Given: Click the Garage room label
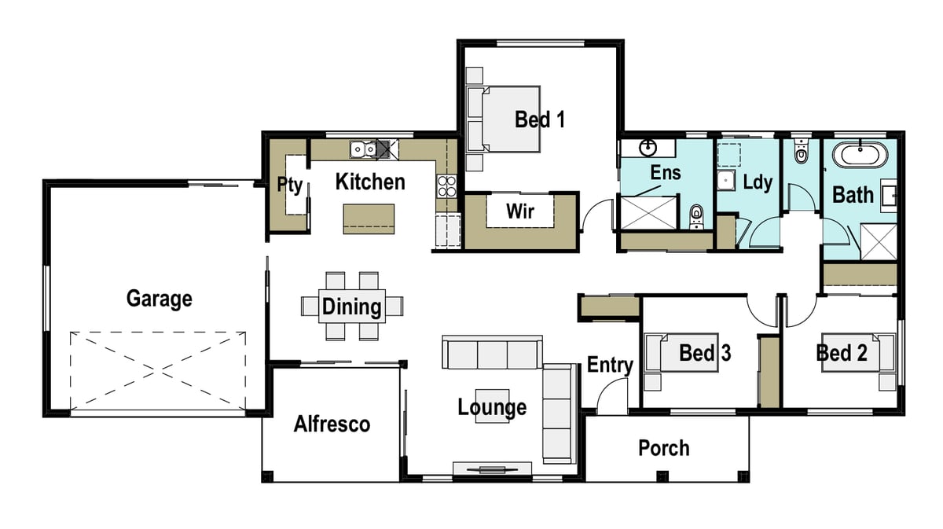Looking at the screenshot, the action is coord(159,299).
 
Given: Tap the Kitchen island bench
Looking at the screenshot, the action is coord(369,219).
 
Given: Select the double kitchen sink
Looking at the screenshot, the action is coord(363,149).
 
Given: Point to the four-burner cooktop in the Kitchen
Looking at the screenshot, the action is coord(446,186).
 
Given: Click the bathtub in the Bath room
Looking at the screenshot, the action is coord(860,155).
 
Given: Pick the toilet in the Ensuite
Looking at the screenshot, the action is coord(697,217).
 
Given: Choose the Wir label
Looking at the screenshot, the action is coord(520,211).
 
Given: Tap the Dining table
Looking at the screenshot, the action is coord(352,307).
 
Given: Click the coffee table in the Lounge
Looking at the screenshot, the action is coord(492,406).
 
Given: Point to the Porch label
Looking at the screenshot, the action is coord(664,448).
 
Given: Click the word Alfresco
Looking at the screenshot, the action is coord(332,424).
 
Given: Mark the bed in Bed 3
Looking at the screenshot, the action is coord(681,353).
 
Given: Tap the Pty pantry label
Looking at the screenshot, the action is coord(290,185).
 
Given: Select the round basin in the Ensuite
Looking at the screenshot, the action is coord(648,148).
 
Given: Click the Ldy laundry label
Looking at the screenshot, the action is coord(758,182).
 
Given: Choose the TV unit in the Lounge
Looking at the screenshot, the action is coord(492,468).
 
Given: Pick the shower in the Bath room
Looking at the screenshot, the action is coord(879,242).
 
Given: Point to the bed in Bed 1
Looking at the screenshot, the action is coord(504,119).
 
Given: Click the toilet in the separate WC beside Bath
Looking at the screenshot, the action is coord(801,151).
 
